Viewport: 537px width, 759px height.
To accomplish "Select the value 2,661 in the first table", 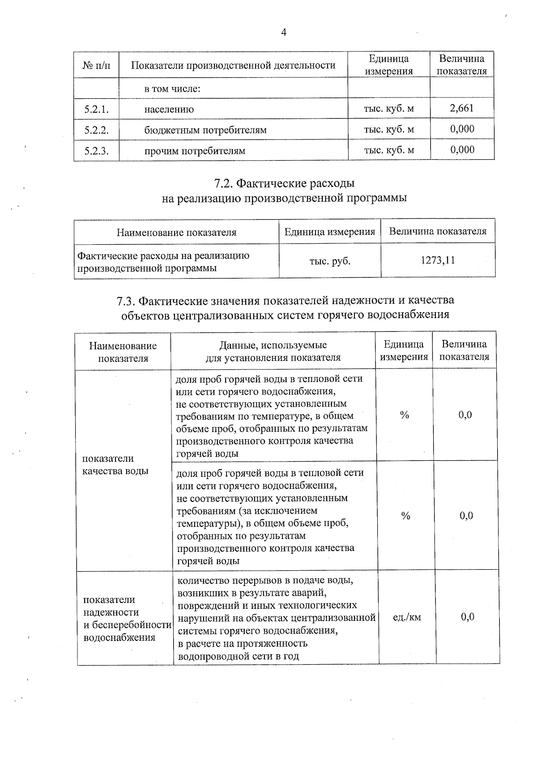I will pyautogui.click(x=462, y=108).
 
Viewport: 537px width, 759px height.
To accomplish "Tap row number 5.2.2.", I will pyautogui.click(x=97, y=130).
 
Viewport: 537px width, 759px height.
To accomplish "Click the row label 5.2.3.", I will pyautogui.click(x=97, y=151).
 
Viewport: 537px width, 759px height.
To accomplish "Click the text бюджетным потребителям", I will pyautogui.click(x=205, y=130).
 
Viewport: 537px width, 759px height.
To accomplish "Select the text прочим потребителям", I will pyautogui.click(x=194, y=151).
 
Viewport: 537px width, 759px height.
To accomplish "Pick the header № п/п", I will pyautogui.click(x=96, y=65).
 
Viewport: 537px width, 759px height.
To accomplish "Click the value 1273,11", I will pyautogui.click(x=438, y=260).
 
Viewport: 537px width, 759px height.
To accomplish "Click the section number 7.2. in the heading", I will pyautogui.click(x=222, y=183).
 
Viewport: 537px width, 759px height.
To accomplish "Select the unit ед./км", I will pyautogui.click(x=406, y=617).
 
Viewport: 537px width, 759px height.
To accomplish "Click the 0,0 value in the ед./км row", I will pyautogui.click(x=467, y=617).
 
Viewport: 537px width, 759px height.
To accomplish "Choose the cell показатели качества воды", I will pyautogui.click(x=115, y=465).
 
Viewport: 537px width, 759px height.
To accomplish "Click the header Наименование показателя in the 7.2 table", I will pyautogui.click(x=176, y=232).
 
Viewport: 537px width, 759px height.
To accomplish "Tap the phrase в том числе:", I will pyautogui.click(x=172, y=89).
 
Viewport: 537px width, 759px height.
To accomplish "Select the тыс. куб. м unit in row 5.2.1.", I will pyautogui.click(x=389, y=108).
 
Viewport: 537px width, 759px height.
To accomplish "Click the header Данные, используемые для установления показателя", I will pyautogui.click(x=273, y=351).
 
